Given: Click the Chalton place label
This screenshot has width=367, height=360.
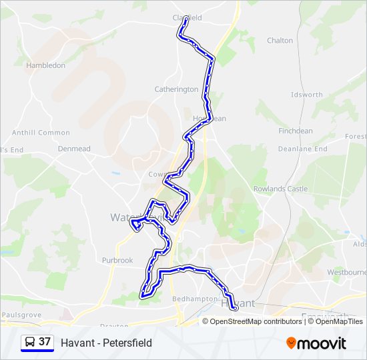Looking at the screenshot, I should [x=280, y=41].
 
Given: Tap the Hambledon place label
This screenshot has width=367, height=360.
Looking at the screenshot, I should [x=45, y=65].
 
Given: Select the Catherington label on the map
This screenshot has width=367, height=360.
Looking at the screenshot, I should [x=176, y=89].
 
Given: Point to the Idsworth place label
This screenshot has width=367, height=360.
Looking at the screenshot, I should [x=307, y=95].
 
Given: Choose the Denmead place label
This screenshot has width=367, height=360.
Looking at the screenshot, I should [x=74, y=149].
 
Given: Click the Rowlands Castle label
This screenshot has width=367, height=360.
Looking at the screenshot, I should [x=280, y=189].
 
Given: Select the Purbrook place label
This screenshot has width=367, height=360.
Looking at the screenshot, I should [x=117, y=261].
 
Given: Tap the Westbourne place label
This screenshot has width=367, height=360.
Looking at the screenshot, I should [x=346, y=273].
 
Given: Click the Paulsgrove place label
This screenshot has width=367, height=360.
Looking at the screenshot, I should [x=21, y=314].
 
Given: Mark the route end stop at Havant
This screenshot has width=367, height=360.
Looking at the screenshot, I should [x=235, y=308].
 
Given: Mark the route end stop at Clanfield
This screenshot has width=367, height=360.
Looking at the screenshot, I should [x=186, y=18].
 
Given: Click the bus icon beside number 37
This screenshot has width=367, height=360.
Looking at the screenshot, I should [x=29, y=343].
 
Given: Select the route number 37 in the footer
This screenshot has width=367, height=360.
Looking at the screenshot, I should [x=45, y=342].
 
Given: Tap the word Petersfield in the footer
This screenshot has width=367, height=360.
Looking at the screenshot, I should [x=126, y=343].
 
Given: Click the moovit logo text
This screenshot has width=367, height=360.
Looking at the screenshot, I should [x=322, y=343].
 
